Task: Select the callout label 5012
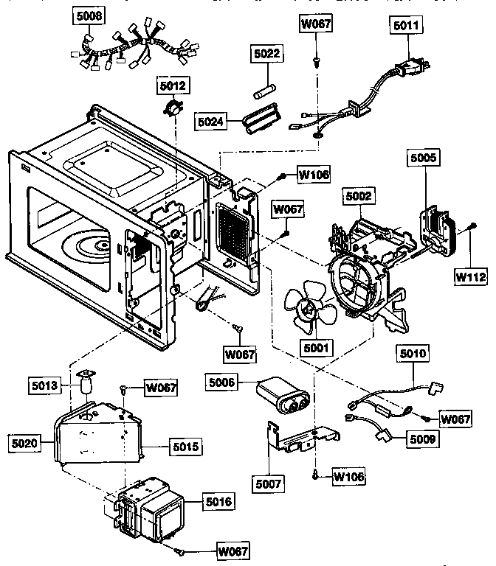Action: click(x=173, y=86)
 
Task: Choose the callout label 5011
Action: click(x=404, y=25)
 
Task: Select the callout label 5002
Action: click(x=359, y=196)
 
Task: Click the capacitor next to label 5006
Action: click(x=283, y=397)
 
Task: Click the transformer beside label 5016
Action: click(x=151, y=511)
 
